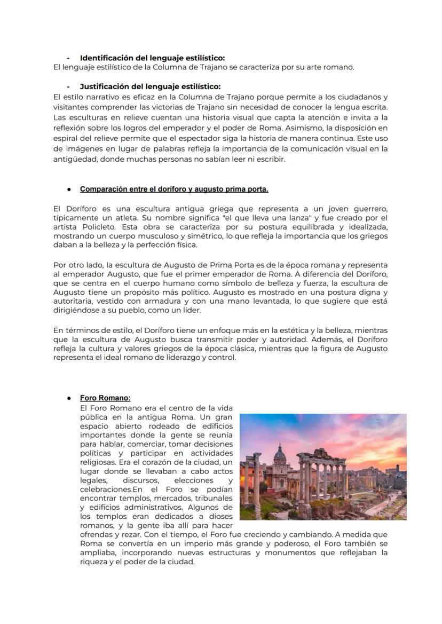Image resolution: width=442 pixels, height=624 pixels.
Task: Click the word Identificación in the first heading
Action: (104, 58)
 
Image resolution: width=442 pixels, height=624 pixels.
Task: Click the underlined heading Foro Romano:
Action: (105, 398)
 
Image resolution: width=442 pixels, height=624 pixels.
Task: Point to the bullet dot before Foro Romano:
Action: (69, 398)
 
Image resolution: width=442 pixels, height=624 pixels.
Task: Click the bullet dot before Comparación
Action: (69, 189)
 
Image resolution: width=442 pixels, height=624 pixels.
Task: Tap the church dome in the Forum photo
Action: (280, 454)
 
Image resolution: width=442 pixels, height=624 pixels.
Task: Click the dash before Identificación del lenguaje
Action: (68, 58)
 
